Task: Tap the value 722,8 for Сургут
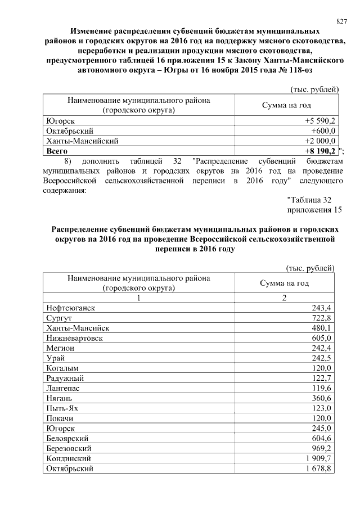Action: tap(322, 318)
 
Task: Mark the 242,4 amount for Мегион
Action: tap(322, 348)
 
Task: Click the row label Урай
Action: tap(56, 358)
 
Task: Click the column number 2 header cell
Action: tap(285, 298)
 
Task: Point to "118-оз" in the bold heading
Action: tap(290, 70)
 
